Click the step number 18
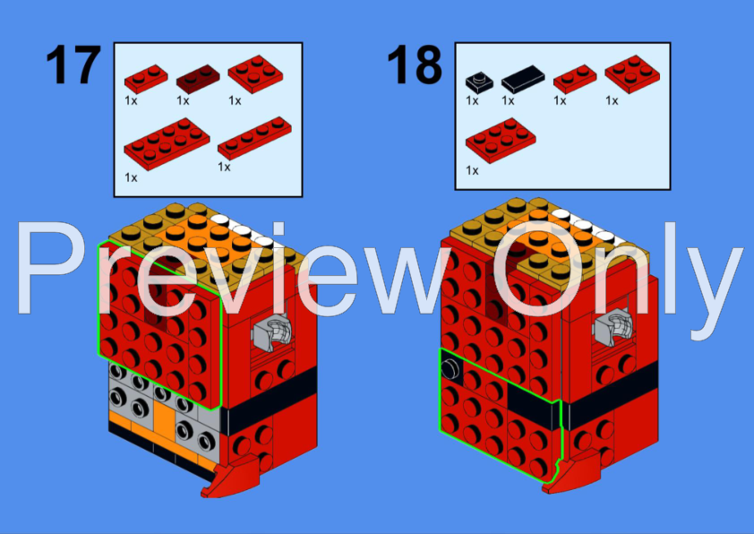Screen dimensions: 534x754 pos(415,66)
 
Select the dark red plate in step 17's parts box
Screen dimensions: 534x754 pos(198,81)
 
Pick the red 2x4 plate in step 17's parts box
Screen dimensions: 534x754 pos(167,142)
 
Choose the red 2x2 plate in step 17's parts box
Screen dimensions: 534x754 pos(253,75)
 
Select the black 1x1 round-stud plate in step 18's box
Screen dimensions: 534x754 pos(477,82)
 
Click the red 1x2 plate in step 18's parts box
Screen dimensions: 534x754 pos(574,80)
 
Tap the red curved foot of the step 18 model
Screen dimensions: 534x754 pos(572,467)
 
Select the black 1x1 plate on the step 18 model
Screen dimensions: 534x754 pos(449,370)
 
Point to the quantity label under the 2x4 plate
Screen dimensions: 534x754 pos(132,177)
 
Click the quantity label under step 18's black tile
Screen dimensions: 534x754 pos(508,101)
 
